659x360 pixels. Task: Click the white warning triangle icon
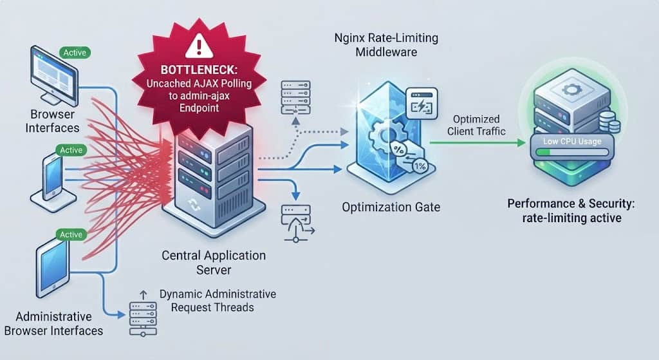(199, 46)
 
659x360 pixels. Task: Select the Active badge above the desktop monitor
(75, 53)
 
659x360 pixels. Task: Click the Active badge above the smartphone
(71, 150)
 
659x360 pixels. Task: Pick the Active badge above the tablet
(71, 234)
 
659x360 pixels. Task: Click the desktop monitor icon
(54, 76)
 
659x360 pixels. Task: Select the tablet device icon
(53, 267)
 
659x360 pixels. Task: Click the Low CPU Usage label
(572, 141)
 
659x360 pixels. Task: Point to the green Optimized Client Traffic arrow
(478, 143)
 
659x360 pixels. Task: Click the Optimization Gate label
(391, 207)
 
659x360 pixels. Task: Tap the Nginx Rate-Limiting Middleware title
(386, 45)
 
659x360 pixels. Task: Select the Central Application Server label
(214, 262)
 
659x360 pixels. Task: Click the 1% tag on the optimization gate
(420, 166)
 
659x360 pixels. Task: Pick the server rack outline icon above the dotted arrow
(296, 98)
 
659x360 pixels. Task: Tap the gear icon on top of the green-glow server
(571, 90)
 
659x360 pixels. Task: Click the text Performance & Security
(571, 204)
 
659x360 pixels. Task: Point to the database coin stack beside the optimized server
(609, 122)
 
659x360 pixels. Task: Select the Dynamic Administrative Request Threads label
(218, 301)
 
